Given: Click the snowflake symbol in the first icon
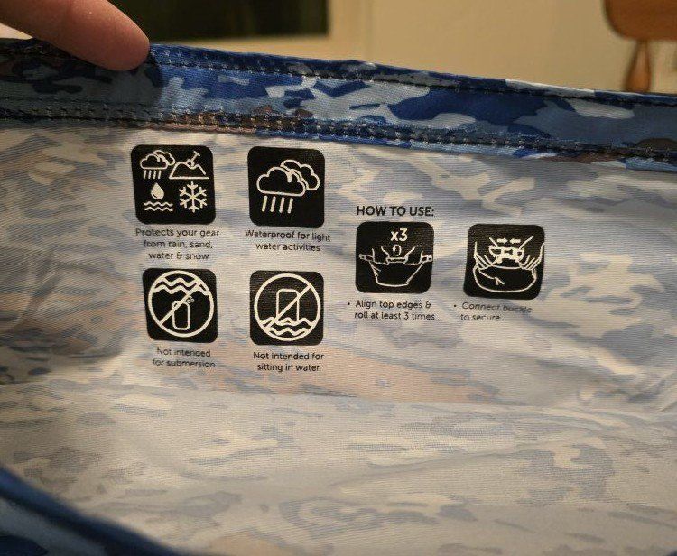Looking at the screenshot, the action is coord(192,197).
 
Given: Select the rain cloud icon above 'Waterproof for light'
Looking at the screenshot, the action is coord(286,187).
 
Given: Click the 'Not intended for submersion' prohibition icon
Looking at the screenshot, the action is coord(180,305).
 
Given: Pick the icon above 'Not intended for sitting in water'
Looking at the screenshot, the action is coord(287,308).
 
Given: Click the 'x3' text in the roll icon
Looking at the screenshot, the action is coord(399,236).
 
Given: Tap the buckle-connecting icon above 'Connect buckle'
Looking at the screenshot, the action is coord(504,261).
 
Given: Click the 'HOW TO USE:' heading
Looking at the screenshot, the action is coord(394,211).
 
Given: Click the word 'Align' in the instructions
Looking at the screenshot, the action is coord(365,304).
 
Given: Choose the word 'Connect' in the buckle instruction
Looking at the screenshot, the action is coord(478,306).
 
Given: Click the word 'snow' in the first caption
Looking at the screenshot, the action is coord(199,256).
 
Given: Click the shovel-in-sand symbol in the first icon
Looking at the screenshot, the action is coord(190,166).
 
